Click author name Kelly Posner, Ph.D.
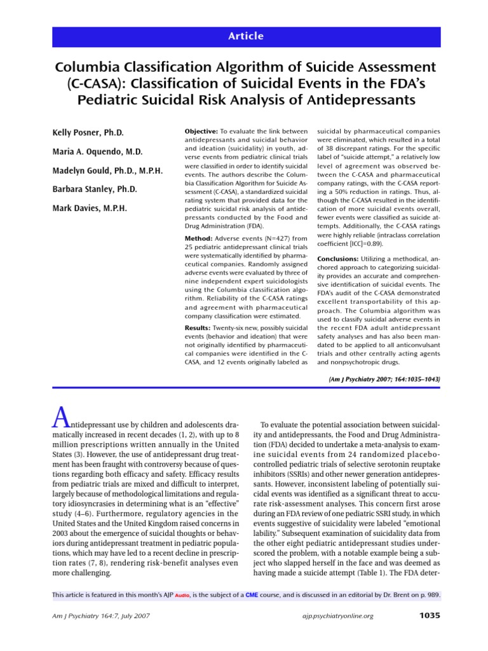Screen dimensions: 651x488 point(88,132)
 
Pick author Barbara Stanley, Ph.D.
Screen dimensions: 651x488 point(94,189)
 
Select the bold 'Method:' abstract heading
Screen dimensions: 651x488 point(198,238)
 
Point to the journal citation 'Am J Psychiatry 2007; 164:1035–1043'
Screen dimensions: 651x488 point(383,379)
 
